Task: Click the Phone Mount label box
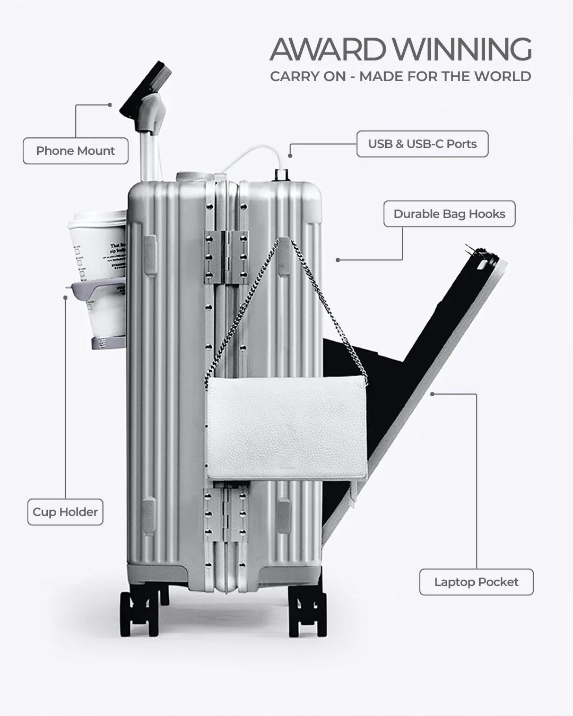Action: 75,151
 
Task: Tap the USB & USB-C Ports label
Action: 422,144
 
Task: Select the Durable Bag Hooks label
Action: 449,214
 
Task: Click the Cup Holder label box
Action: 65,512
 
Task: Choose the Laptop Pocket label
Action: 476,582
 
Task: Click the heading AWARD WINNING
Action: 400,50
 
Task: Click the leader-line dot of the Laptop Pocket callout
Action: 432,394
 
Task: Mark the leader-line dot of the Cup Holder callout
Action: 65,298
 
